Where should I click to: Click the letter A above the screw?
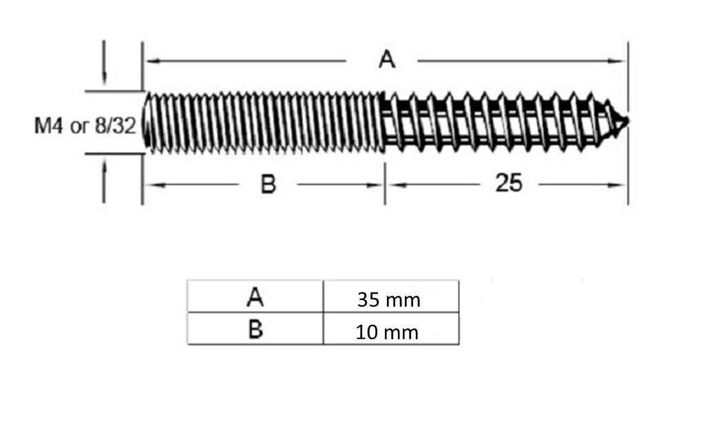pyautogui.click(x=387, y=59)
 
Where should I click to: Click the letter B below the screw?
pyautogui.click(x=268, y=184)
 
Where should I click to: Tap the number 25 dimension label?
pyautogui.click(x=509, y=183)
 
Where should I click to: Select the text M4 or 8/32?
pyautogui.click(x=85, y=126)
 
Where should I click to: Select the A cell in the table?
pyautogui.click(x=255, y=296)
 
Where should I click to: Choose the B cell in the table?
pyautogui.click(x=255, y=328)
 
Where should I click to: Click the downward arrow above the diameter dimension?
pyautogui.click(x=104, y=63)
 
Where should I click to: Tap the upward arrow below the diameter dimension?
pyautogui.click(x=104, y=182)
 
